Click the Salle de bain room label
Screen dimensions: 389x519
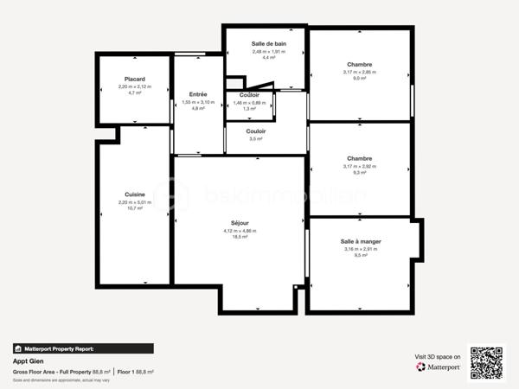point(269,43)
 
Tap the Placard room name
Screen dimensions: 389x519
point(134,79)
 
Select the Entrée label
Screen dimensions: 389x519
point(198,93)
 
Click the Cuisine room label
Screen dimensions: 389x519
point(134,194)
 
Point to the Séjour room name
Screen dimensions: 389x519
point(240,223)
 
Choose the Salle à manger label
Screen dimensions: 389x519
point(361,241)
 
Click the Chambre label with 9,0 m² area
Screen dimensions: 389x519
point(359,64)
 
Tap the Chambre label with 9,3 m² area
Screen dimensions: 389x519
point(359,158)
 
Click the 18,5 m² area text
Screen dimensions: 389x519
point(240,237)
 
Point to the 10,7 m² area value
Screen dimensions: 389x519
point(134,208)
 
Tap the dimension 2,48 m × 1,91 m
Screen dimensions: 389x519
point(269,51)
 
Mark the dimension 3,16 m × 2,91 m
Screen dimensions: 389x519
point(361,249)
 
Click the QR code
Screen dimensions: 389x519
point(487,360)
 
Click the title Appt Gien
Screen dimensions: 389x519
point(28,360)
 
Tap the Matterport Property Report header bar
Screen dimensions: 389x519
point(83,348)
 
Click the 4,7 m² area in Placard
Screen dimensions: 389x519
point(134,93)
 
